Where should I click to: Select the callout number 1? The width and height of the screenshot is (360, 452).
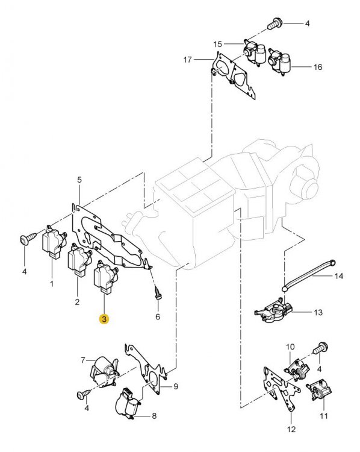pyautogui.click(x=52, y=283)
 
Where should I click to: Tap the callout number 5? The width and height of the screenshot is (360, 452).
pyautogui.click(x=79, y=180)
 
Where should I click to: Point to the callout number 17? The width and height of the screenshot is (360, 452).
pyautogui.click(x=188, y=60)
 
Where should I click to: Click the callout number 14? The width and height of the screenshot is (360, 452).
pyautogui.click(x=338, y=277)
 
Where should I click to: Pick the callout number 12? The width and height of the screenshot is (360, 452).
pyautogui.click(x=292, y=430)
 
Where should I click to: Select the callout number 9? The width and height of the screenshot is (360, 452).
pyautogui.click(x=176, y=386)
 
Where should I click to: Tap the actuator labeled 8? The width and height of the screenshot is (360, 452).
pyautogui.click(x=128, y=401)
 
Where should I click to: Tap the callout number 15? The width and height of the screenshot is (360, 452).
pyautogui.click(x=218, y=44)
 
